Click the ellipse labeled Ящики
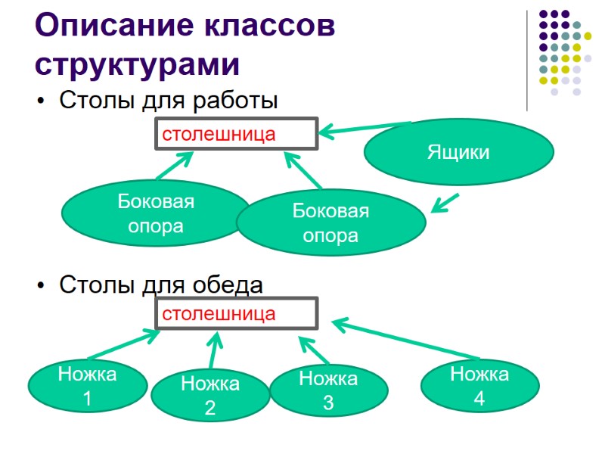[458, 153]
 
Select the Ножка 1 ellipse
[87, 385]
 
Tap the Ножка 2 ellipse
[210, 396]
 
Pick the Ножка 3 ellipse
[328, 390]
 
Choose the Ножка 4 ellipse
[479, 385]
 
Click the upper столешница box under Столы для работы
[235, 135]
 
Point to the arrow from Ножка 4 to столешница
[405, 340]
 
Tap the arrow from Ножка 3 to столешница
[314, 351]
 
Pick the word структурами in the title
[137, 64]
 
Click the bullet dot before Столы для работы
[41, 101]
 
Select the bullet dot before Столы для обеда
[41, 287]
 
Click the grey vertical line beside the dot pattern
[527, 61]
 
